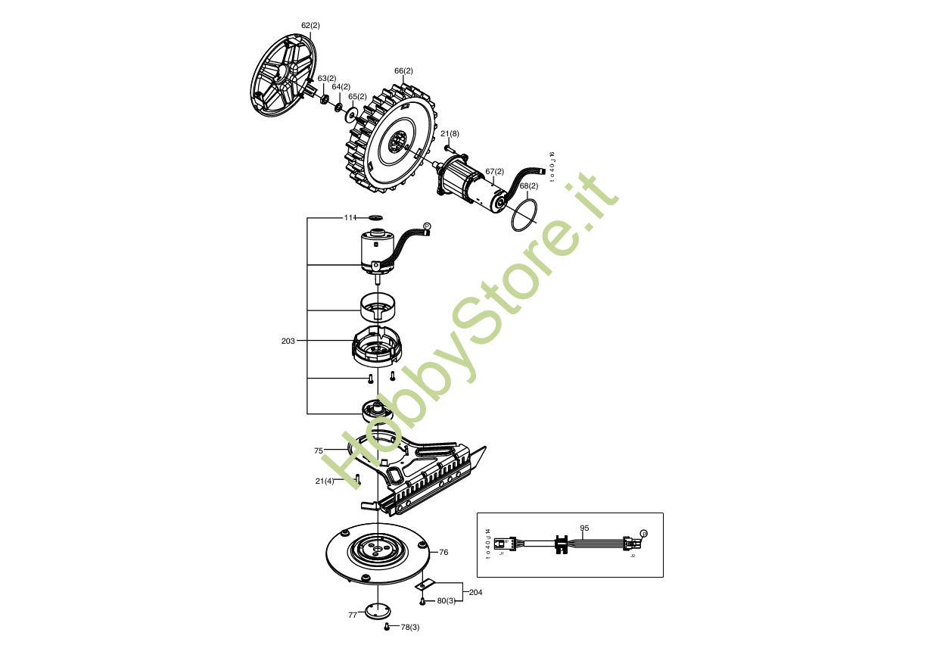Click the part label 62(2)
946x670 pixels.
pos(310,26)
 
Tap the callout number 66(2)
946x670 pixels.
pos(403,71)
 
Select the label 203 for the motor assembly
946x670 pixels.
pos(288,341)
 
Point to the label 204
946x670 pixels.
pos(475,592)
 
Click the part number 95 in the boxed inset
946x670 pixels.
pos(584,528)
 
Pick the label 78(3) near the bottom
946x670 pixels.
pos(409,628)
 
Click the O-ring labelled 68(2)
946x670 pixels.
pos(524,216)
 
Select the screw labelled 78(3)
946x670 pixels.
pos(387,627)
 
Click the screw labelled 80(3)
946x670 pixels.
pos(422,601)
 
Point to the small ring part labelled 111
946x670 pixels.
pos(377,217)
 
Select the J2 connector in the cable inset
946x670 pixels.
pos(630,544)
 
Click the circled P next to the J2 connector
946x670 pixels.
pos(644,534)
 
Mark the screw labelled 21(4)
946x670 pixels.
pos(357,478)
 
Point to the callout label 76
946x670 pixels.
pos(443,553)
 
